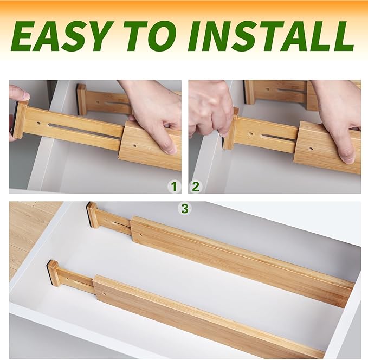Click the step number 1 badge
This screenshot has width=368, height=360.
173,187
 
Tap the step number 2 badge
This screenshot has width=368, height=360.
196,187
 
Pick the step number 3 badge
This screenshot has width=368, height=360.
185,208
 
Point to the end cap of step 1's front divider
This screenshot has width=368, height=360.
20,119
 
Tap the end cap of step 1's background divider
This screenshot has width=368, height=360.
81,99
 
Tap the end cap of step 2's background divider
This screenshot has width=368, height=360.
249,92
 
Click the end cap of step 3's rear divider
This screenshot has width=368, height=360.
92,215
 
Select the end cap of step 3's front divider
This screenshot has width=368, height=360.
53,273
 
